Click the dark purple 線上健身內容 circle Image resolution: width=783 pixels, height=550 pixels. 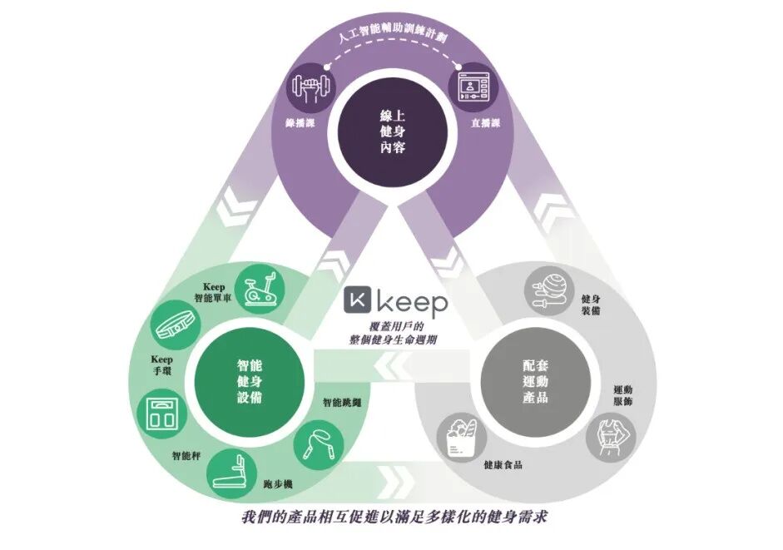pyautogui.click(x=391, y=131)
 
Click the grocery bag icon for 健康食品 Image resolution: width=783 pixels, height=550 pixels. pyautogui.click(x=459, y=434)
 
